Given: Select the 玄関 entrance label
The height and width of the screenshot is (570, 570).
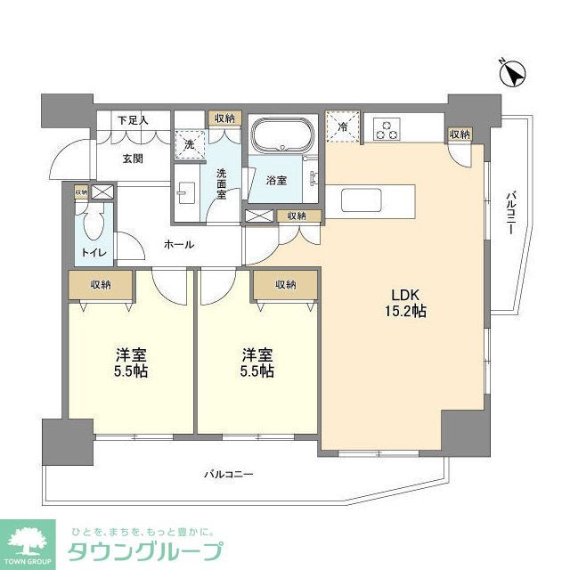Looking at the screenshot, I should [133, 159].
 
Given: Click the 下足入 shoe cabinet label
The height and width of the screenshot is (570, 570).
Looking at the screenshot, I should [133, 119].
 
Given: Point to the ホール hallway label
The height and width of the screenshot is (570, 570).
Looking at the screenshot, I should [178, 244].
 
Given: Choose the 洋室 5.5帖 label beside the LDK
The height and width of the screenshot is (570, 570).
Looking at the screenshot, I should [256, 361].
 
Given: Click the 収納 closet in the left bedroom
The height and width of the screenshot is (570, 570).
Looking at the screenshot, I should [101, 285].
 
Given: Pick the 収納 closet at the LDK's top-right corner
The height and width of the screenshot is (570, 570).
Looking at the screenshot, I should [460, 134].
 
